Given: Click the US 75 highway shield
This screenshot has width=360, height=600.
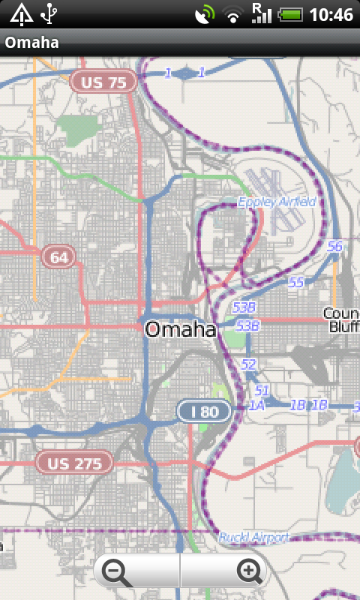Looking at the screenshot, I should click(104, 82).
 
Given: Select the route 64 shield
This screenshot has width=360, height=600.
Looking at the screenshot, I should click(58, 257).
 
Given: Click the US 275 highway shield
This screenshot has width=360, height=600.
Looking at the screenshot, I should click(74, 463).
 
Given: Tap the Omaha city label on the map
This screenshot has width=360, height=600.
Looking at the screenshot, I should click(180, 329).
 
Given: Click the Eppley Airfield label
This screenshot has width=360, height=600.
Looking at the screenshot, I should click(277, 202).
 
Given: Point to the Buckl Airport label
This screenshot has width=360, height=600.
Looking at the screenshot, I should click(253, 538).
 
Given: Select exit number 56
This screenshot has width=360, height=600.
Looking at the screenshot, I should click(334, 246).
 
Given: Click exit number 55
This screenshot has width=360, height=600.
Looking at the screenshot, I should click(296, 282).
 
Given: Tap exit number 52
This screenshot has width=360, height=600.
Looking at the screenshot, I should click(249, 364).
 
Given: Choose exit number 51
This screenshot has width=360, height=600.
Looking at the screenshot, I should click(262, 390).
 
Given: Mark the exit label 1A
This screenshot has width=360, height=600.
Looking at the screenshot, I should click(256, 405).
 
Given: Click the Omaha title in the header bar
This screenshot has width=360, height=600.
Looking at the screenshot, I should click(31, 43).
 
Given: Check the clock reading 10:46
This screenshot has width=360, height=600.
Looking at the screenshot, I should click(330, 14).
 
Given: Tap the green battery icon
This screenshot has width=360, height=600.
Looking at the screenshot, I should click(289, 14).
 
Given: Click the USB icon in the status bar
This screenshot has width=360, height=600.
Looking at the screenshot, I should click(50, 13).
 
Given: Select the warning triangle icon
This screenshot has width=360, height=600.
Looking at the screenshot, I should click(21, 13).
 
